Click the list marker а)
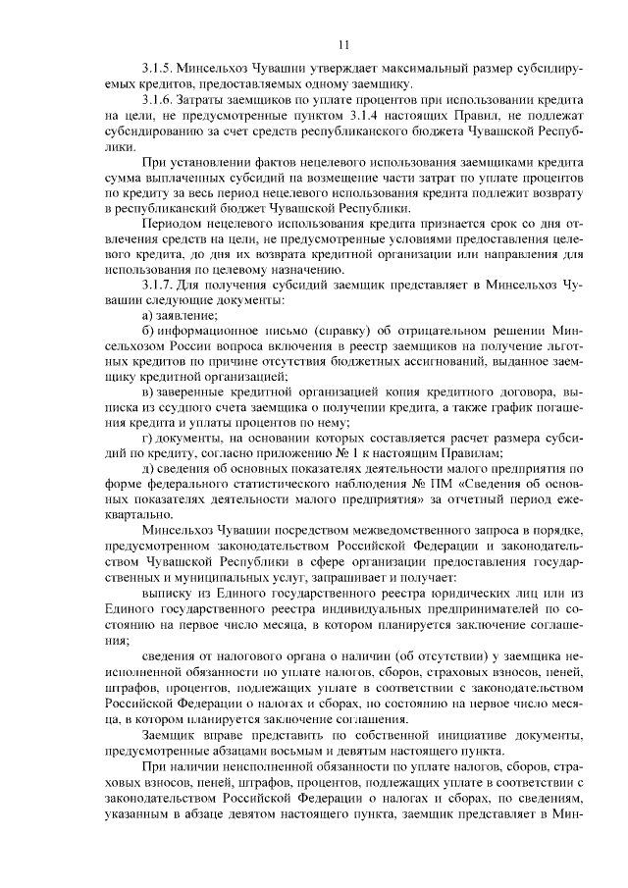click(147, 314)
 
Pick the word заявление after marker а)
click(186, 314)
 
